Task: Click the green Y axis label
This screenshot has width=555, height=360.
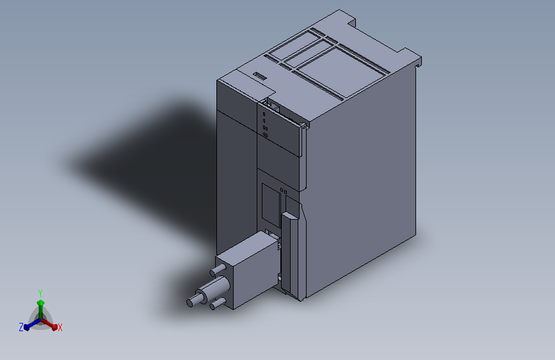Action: pyautogui.click(x=40, y=293)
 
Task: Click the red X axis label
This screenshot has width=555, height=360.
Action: pyautogui.click(x=60, y=328)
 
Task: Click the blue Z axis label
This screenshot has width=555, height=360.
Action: pyautogui.click(x=21, y=327)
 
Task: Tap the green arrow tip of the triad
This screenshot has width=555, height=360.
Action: pyautogui.click(x=41, y=303)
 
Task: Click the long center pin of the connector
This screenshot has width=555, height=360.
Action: pyautogui.click(x=208, y=291)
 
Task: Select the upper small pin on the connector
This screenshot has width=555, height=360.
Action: pyautogui.click(x=218, y=270)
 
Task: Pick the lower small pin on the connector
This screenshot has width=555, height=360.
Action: pyautogui.click(x=218, y=304)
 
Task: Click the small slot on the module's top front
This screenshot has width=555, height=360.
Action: pyautogui.click(x=259, y=76)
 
